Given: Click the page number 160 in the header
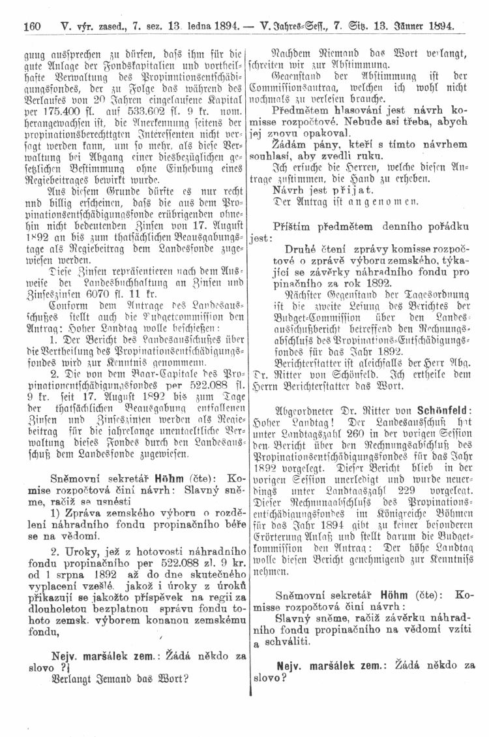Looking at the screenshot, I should pos(32,27).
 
